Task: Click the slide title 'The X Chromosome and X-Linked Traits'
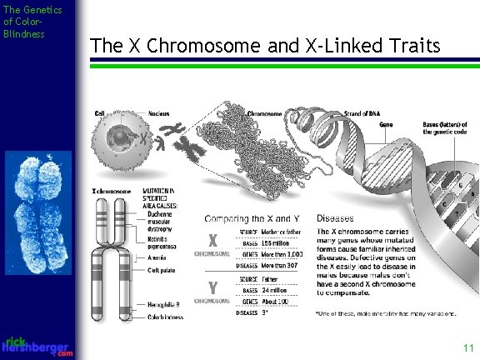(264, 46)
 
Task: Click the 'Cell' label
(99, 113)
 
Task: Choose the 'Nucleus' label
(159, 113)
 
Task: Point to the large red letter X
(212, 241)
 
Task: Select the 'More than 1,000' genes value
(282, 252)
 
